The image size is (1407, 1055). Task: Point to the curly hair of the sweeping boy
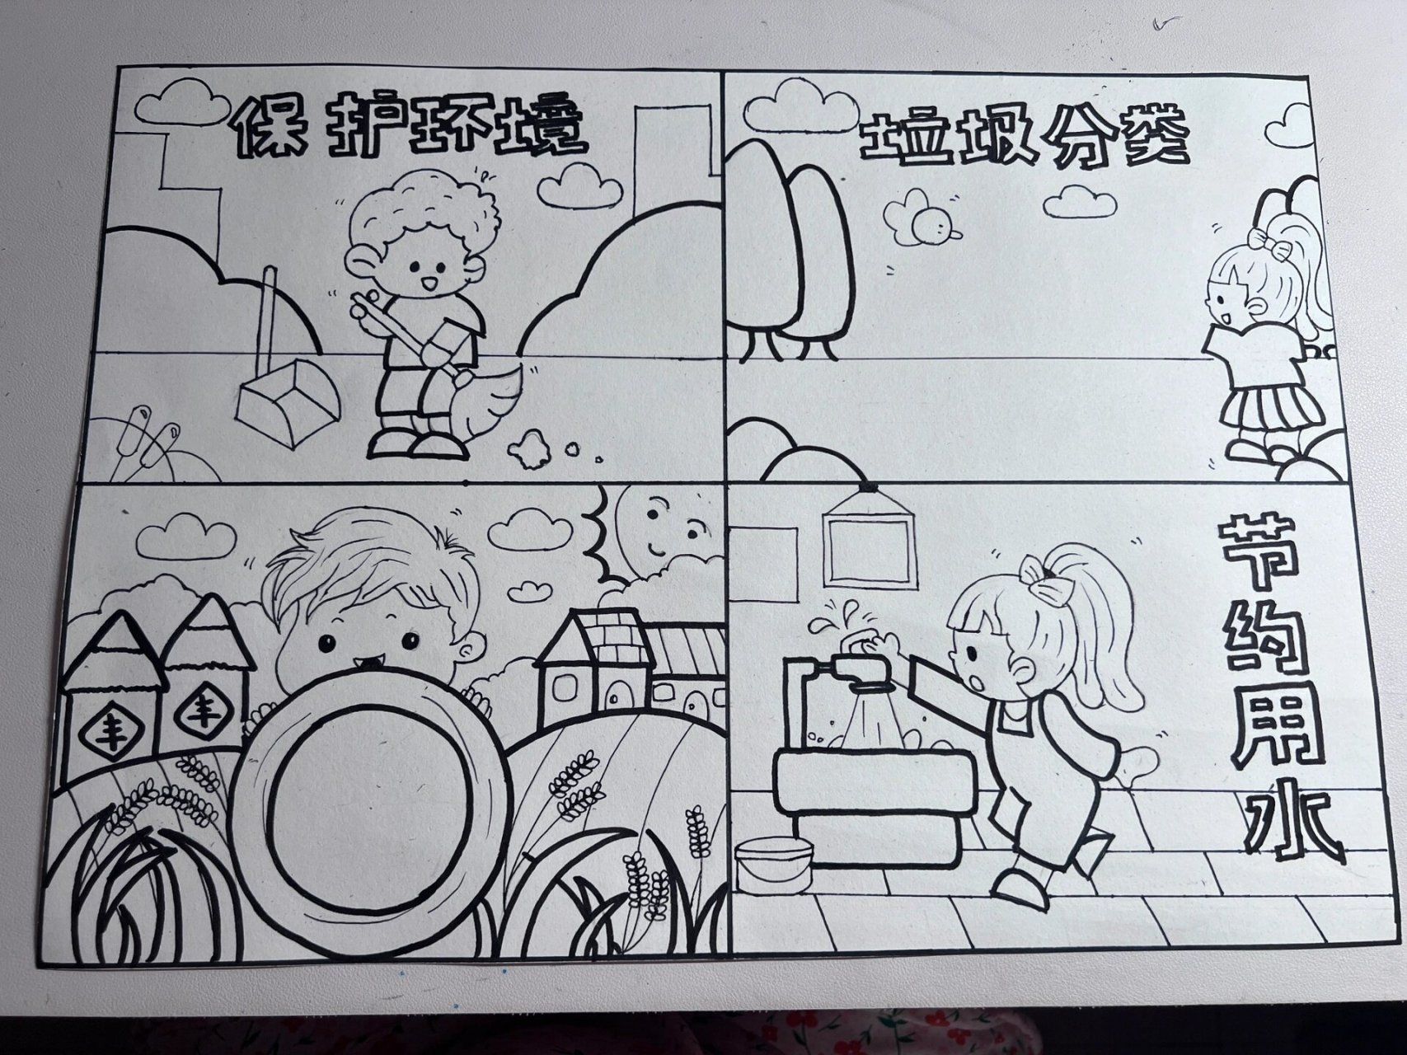(x=422, y=210)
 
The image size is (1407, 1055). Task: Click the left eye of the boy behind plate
(x=327, y=642)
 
